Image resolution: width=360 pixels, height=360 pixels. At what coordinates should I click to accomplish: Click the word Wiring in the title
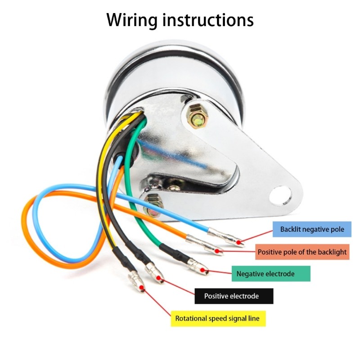click(x=132, y=20)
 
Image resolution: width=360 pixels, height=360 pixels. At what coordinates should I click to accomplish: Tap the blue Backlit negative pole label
click(x=312, y=229)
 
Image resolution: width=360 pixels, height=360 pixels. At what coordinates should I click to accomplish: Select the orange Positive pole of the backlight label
click(x=302, y=252)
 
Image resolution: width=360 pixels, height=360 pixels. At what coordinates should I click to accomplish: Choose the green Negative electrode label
click(x=271, y=274)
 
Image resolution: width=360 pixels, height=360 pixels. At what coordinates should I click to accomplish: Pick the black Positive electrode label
click(x=234, y=296)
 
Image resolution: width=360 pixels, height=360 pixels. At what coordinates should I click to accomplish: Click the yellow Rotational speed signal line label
click(x=218, y=319)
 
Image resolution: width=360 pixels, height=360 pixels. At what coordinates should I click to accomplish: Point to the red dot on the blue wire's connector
click(x=239, y=242)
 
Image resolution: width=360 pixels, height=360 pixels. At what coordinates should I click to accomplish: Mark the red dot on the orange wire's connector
click(x=216, y=251)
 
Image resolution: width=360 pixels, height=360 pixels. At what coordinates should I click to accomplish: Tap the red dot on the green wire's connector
click(x=202, y=270)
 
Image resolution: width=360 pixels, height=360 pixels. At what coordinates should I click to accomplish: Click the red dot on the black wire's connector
click(x=158, y=278)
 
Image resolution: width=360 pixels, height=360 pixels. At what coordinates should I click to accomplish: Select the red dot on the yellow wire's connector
click(x=142, y=287)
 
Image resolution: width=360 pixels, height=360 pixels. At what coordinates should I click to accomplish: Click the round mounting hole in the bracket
click(x=280, y=195)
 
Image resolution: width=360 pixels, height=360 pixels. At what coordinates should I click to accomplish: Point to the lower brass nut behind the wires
click(x=153, y=205)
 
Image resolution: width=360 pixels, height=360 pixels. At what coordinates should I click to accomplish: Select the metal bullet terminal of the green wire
click(x=198, y=266)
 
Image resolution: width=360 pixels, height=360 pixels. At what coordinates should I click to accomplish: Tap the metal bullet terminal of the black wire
click(x=154, y=273)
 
